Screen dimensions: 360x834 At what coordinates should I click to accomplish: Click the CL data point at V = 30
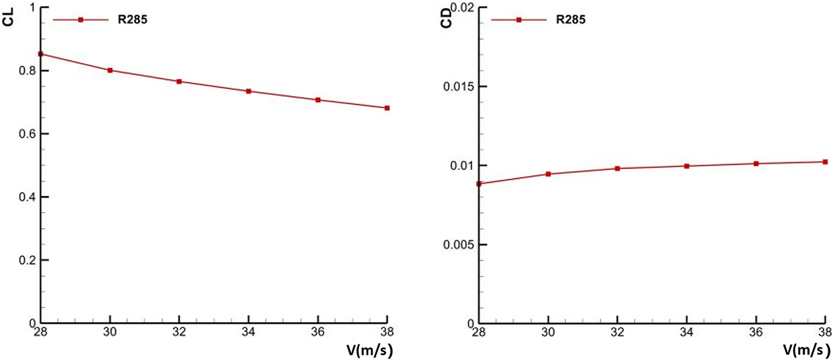tap(110, 71)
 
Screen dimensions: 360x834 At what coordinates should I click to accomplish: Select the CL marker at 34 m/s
tap(249, 91)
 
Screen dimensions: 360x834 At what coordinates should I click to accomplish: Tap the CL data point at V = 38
tap(387, 108)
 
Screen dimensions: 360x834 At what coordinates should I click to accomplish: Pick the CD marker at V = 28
tap(479, 184)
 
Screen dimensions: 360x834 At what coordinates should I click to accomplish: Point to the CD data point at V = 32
tap(617, 168)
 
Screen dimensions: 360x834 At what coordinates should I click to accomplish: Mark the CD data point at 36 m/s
tap(756, 164)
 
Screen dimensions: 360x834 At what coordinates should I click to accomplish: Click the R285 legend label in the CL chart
tap(132, 20)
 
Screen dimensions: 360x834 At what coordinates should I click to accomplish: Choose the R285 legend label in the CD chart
tap(570, 20)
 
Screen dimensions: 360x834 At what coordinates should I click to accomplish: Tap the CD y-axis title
tap(447, 20)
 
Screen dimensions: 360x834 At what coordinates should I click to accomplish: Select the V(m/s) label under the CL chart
tap(369, 351)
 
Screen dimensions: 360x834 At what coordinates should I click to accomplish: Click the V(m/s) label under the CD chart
tap(806, 351)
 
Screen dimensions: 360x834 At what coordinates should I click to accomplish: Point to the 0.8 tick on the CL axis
tap(26, 71)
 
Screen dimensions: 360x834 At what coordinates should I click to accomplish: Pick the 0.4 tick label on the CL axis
tap(26, 197)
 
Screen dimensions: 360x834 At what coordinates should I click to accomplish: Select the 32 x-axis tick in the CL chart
tap(179, 332)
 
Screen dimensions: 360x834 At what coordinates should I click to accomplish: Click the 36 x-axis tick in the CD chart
tap(756, 332)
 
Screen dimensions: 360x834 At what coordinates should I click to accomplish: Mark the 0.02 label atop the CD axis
tap(463, 8)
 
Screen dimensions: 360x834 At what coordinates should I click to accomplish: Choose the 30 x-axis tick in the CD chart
tap(548, 332)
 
